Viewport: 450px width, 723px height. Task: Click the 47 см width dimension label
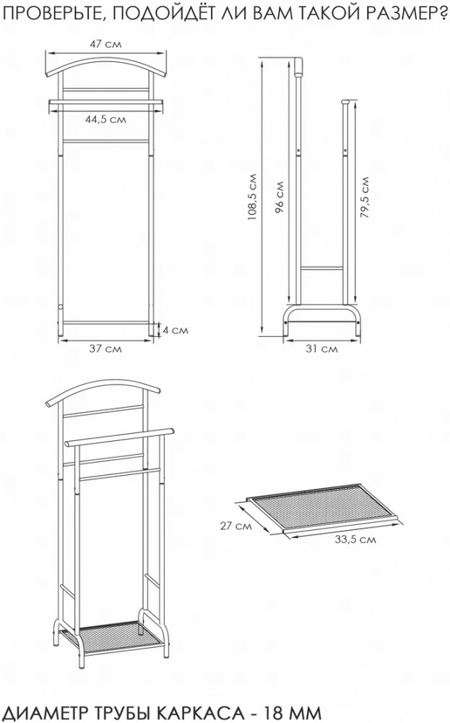pyautogui.click(x=105, y=44)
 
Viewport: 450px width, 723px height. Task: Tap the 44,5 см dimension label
pyautogui.click(x=105, y=119)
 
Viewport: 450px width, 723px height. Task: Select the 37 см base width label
pyautogui.click(x=105, y=348)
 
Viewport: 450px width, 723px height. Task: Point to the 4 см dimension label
pyautogui.click(x=176, y=330)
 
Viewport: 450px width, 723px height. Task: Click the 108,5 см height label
pyautogui.click(x=252, y=197)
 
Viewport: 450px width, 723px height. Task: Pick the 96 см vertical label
pyautogui.click(x=279, y=197)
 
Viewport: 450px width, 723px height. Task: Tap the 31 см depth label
pyautogui.click(x=322, y=348)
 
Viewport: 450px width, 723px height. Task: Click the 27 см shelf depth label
pyautogui.click(x=235, y=526)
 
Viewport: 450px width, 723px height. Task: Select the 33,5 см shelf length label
pyautogui.click(x=355, y=539)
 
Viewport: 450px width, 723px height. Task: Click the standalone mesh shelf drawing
pyautogui.click(x=324, y=510)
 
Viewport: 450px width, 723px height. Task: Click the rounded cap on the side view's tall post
pyautogui.click(x=298, y=66)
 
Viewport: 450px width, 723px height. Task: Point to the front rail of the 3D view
pyautogui.click(x=120, y=436)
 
